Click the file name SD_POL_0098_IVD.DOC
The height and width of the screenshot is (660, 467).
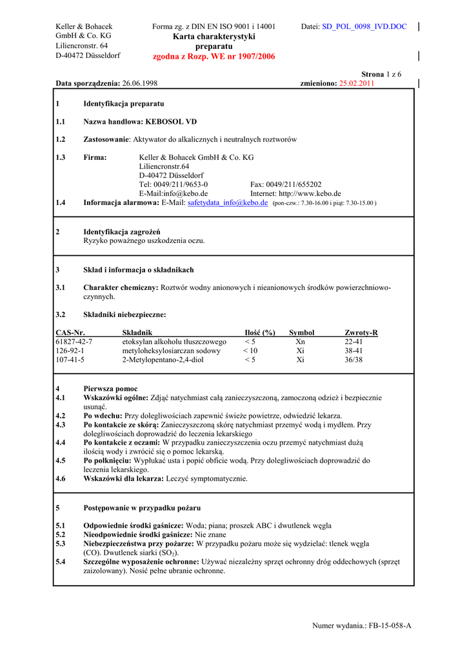(x=364, y=26)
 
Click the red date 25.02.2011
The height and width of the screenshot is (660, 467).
(x=357, y=83)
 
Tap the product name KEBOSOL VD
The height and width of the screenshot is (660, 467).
(x=171, y=122)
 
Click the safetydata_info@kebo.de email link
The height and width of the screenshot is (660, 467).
(x=228, y=202)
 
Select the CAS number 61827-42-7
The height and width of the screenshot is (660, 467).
(x=74, y=342)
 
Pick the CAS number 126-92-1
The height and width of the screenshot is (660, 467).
(x=70, y=351)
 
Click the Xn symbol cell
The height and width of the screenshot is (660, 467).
(x=300, y=342)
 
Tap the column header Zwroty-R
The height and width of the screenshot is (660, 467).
(x=361, y=333)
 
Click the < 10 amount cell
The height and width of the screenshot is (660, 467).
(x=250, y=351)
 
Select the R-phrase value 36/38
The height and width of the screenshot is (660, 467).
(x=353, y=360)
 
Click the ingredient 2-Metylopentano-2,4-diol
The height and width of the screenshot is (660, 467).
(x=163, y=360)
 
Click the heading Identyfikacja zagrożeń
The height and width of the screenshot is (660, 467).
(x=122, y=232)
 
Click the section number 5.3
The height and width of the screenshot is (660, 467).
(x=61, y=544)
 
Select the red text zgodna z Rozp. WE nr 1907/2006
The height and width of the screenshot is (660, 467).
(x=214, y=57)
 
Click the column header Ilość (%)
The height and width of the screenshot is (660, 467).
(x=260, y=333)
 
